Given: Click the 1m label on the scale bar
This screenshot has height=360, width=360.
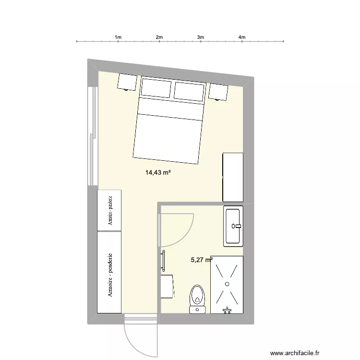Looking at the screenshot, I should [118, 36].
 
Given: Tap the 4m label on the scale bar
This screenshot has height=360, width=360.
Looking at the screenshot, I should [242, 36].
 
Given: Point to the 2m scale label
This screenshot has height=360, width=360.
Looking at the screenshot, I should [159, 36].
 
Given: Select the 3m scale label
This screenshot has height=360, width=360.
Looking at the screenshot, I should [201, 36].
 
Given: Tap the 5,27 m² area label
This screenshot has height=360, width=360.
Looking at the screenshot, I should [202, 260].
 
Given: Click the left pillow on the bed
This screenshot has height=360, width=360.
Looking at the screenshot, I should [156, 88].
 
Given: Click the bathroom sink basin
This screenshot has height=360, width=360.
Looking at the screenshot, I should [234, 226].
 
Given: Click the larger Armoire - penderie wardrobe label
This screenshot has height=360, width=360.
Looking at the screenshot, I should [110, 275].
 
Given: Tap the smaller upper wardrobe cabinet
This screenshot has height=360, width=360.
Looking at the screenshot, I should [109, 210].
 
